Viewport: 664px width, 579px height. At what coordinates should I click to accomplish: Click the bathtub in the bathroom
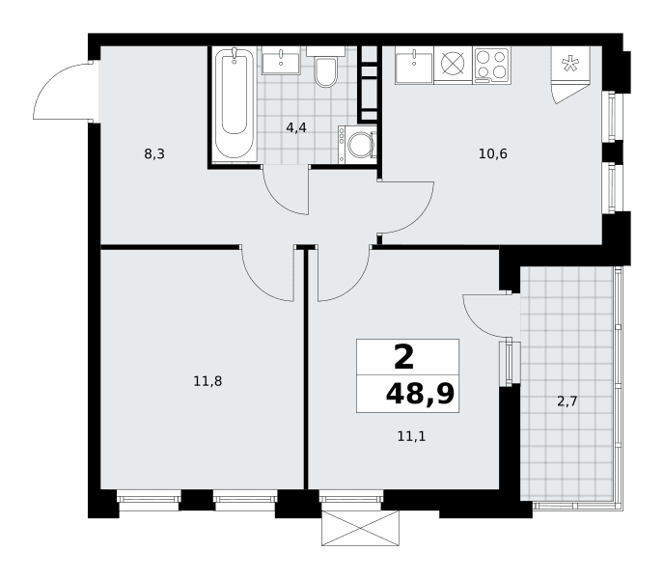(235, 104)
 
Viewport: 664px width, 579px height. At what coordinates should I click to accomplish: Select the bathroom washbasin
(281, 61)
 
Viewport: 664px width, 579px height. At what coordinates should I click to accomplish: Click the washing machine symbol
(357, 145)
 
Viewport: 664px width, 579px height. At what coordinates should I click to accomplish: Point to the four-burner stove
(491, 65)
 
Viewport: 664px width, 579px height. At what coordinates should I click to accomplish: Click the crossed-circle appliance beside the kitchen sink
(453, 64)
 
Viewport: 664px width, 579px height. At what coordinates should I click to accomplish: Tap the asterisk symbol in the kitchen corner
(570, 64)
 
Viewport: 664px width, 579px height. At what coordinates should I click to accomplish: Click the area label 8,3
(154, 154)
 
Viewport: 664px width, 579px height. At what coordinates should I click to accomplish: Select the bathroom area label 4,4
(296, 127)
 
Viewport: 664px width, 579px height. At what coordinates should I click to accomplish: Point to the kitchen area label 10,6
(493, 153)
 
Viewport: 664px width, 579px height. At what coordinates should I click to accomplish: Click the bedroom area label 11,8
(207, 381)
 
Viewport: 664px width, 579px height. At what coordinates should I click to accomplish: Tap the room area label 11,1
(411, 436)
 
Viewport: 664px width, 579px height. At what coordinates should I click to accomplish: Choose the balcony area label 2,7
(567, 401)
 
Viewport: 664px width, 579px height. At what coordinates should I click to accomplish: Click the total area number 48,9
(420, 395)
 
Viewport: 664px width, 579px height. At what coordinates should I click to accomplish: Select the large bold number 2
(403, 357)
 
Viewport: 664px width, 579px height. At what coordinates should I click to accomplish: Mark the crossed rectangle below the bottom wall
(360, 528)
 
